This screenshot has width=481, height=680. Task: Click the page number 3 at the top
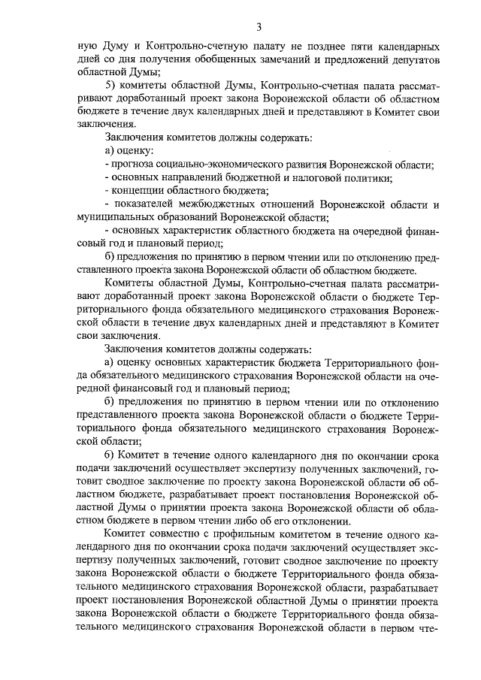tap(258, 27)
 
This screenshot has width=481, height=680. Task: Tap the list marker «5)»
tap(111, 85)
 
